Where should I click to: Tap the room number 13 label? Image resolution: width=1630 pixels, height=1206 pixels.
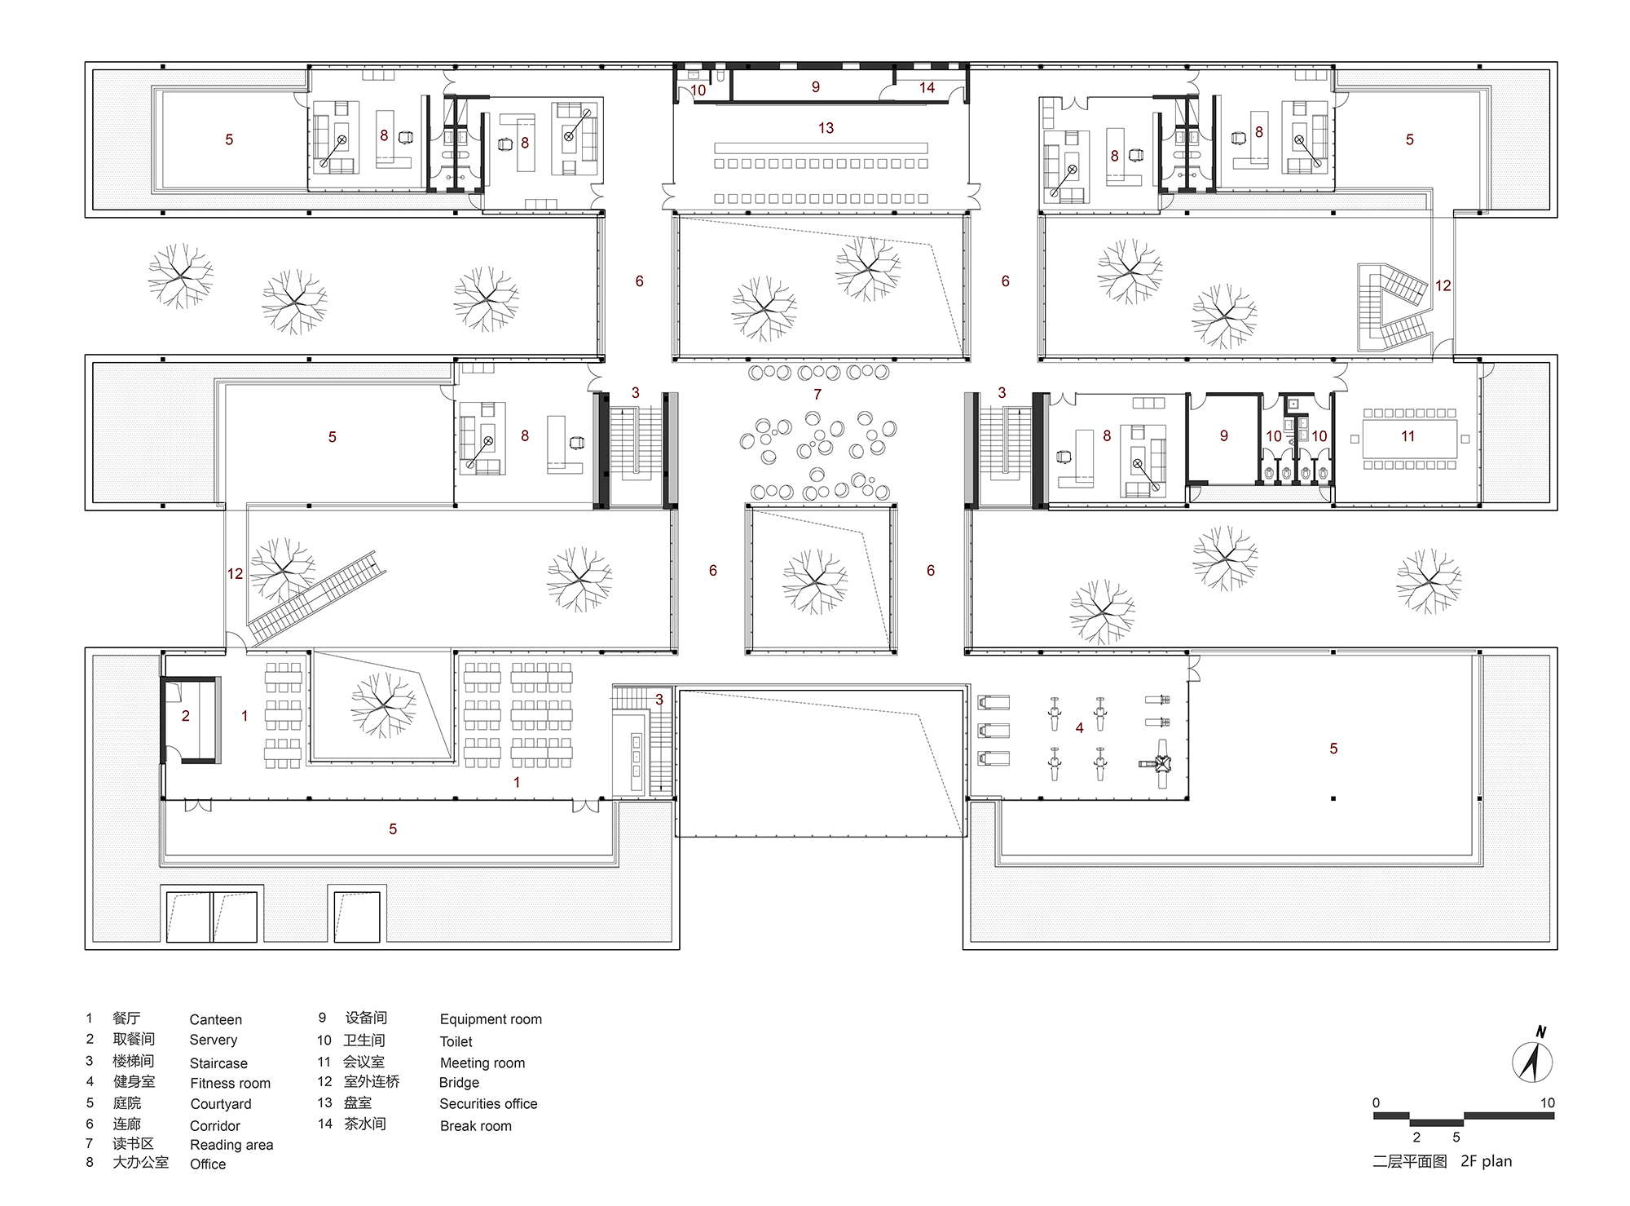point(826,128)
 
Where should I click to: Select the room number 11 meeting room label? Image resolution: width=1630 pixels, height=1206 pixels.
point(1408,436)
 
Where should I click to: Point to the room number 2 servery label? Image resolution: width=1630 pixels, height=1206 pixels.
point(186,716)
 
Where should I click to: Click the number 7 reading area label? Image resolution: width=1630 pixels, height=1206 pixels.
point(817,395)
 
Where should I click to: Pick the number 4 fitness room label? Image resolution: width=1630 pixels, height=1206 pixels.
point(1079,728)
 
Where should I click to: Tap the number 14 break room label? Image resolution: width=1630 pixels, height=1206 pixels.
point(927,88)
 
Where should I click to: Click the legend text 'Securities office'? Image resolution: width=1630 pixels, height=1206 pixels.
point(488,1104)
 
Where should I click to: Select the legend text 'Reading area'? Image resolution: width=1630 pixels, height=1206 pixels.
point(231,1146)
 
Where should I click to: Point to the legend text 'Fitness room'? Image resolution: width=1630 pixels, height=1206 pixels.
point(230,1084)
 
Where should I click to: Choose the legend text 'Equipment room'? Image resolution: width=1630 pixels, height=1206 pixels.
point(491,1019)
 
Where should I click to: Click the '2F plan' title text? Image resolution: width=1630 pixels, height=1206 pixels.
point(1486,1161)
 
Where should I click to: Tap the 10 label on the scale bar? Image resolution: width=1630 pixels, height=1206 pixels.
point(1548,1103)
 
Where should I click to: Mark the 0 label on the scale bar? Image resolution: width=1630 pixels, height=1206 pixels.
point(1376,1103)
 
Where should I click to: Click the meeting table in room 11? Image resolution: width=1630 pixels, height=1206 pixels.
point(1409,439)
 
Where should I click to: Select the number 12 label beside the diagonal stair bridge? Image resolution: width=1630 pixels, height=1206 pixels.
point(235,574)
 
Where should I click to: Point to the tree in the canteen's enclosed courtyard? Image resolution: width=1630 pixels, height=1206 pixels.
point(383,705)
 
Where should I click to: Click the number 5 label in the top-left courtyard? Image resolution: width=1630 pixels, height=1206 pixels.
point(229,140)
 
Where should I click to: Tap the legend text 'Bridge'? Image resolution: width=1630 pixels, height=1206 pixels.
point(459,1083)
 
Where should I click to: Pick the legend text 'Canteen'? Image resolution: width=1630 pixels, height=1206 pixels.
point(215,1020)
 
